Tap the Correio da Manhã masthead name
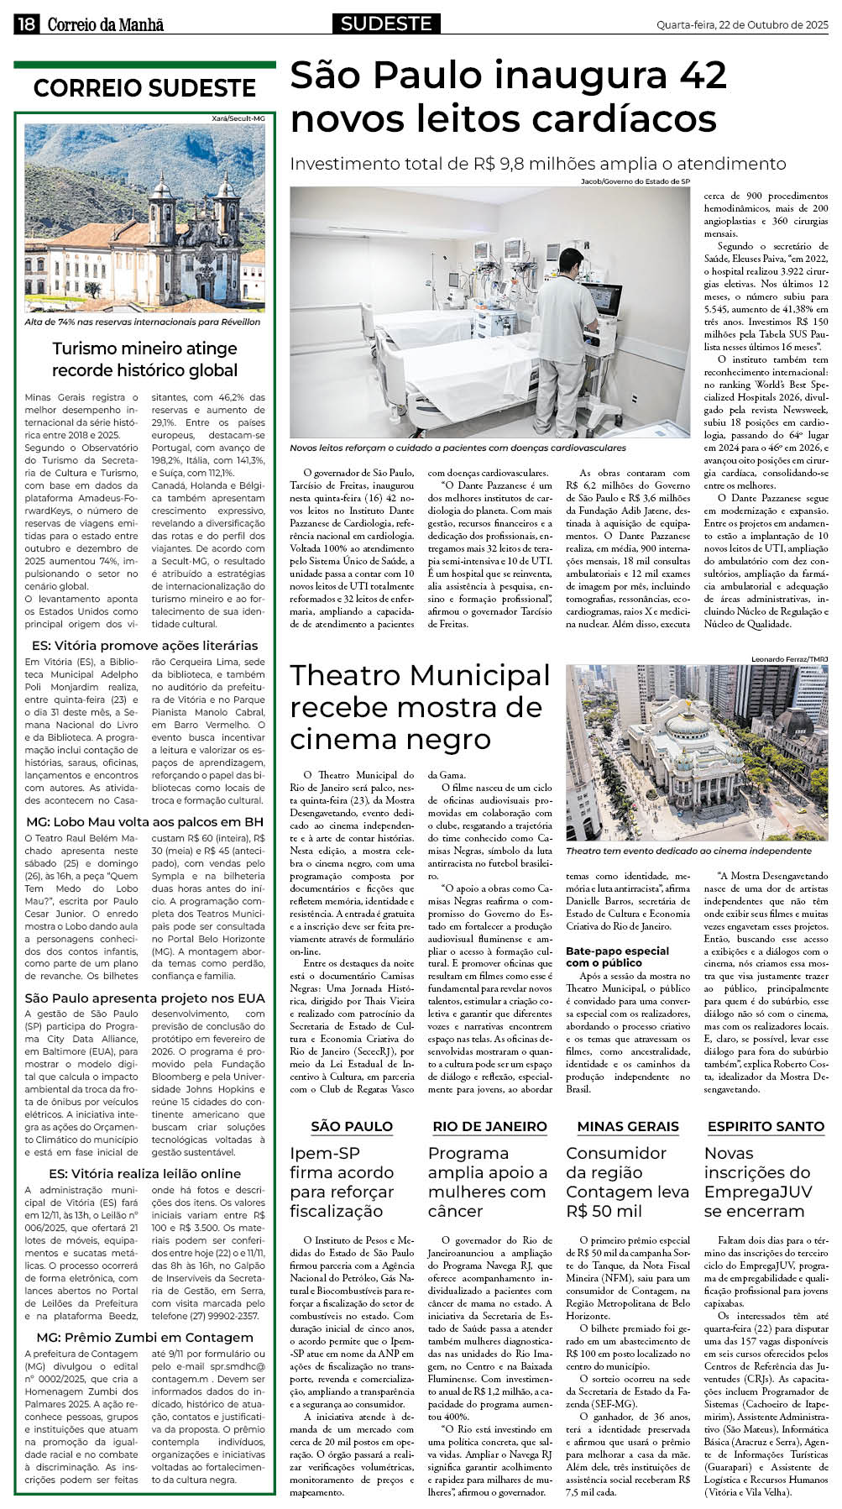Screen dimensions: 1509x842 click(106, 25)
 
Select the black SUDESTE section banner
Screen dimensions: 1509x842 click(386, 24)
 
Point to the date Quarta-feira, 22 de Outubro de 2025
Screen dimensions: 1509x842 click(742, 25)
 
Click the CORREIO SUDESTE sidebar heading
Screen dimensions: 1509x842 click(144, 88)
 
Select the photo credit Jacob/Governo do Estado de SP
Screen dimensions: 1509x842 click(635, 181)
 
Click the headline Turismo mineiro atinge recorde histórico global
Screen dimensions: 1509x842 click(144, 359)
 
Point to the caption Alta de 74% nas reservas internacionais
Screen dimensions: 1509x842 click(143, 322)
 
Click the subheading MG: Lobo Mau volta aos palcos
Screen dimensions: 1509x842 click(144, 821)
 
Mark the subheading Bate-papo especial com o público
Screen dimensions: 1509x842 click(617, 956)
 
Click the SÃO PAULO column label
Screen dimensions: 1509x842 click(352, 1126)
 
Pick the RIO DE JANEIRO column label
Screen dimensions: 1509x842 click(489, 1126)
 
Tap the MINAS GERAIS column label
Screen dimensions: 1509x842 click(628, 1126)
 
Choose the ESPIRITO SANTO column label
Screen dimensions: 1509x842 click(766, 1126)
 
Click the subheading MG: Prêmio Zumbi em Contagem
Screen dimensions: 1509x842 click(144, 1337)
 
